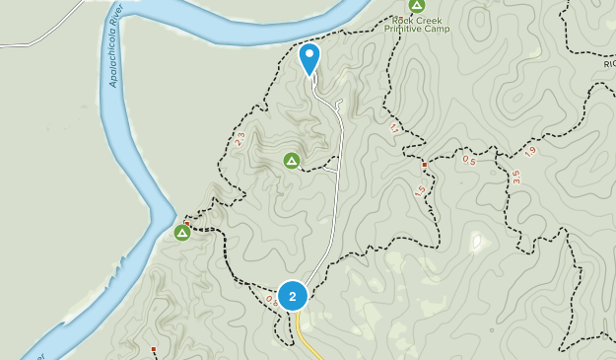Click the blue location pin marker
tap(309, 58)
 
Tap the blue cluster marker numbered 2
tap(293, 296)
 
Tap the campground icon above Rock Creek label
tap(417, 5)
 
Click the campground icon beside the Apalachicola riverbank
tap(182, 233)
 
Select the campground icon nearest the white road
tap(292, 160)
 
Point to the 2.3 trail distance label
tap(240, 140)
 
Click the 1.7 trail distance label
tap(395, 128)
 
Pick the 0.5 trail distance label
tap(468, 161)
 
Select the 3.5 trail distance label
tap(514, 177)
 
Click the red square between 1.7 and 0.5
tap(424, 165)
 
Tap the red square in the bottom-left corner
tap(154, 349)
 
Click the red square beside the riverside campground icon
tap(186, 223)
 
